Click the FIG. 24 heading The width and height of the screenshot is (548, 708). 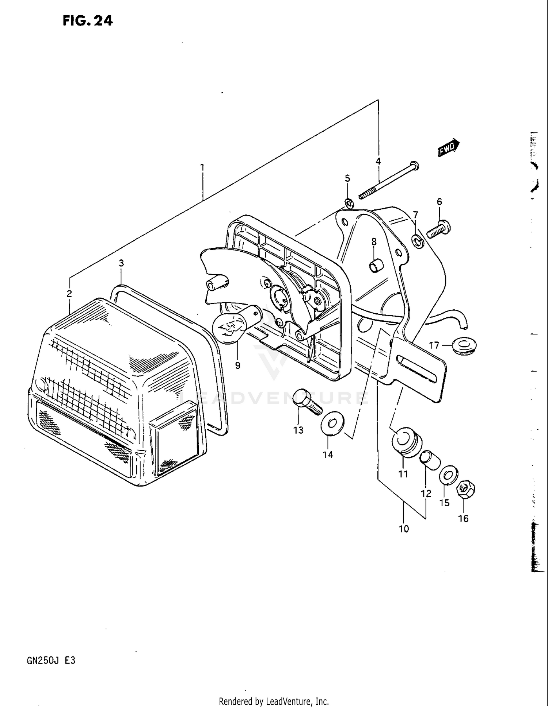[88, 21]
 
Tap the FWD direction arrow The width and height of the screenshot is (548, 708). [448, 148]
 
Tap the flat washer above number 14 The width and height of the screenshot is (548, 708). [332, 423]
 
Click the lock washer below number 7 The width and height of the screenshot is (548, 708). [417, 241]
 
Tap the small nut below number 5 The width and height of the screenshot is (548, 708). [349, 202]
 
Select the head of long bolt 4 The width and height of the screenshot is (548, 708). [414, 166]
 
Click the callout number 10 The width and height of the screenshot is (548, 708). [404, 529]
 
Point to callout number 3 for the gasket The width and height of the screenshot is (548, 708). [121, 263]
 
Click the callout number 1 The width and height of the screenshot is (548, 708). [202, 167]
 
